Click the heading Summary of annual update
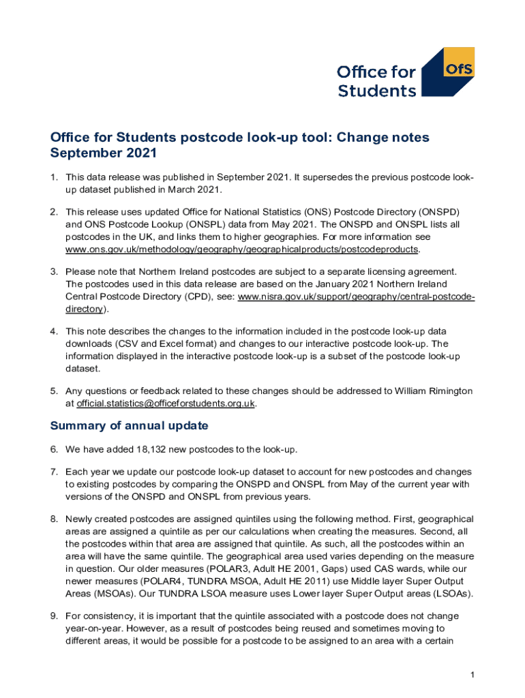(x=129, y=426)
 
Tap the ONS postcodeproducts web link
(x=241, y=249)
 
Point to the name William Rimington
(x=432, y=391)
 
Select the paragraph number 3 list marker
(x=53, y=272)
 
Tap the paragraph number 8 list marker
(x=53, y=519)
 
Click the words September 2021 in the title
(x=104, y=154)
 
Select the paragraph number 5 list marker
(x=53, y=391)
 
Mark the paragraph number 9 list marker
(x=53, y=616)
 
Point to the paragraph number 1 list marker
(x=53, y=178)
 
